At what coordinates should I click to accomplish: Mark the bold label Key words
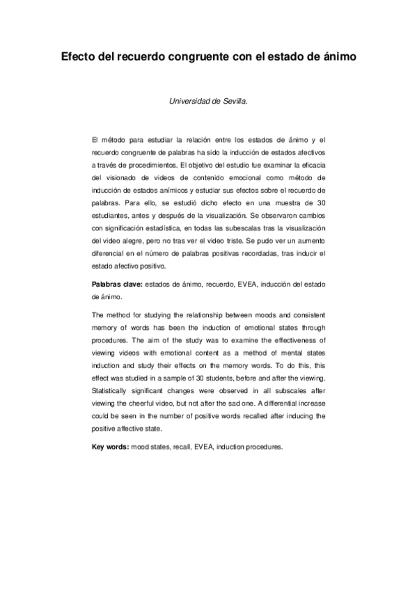click(109, 447)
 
